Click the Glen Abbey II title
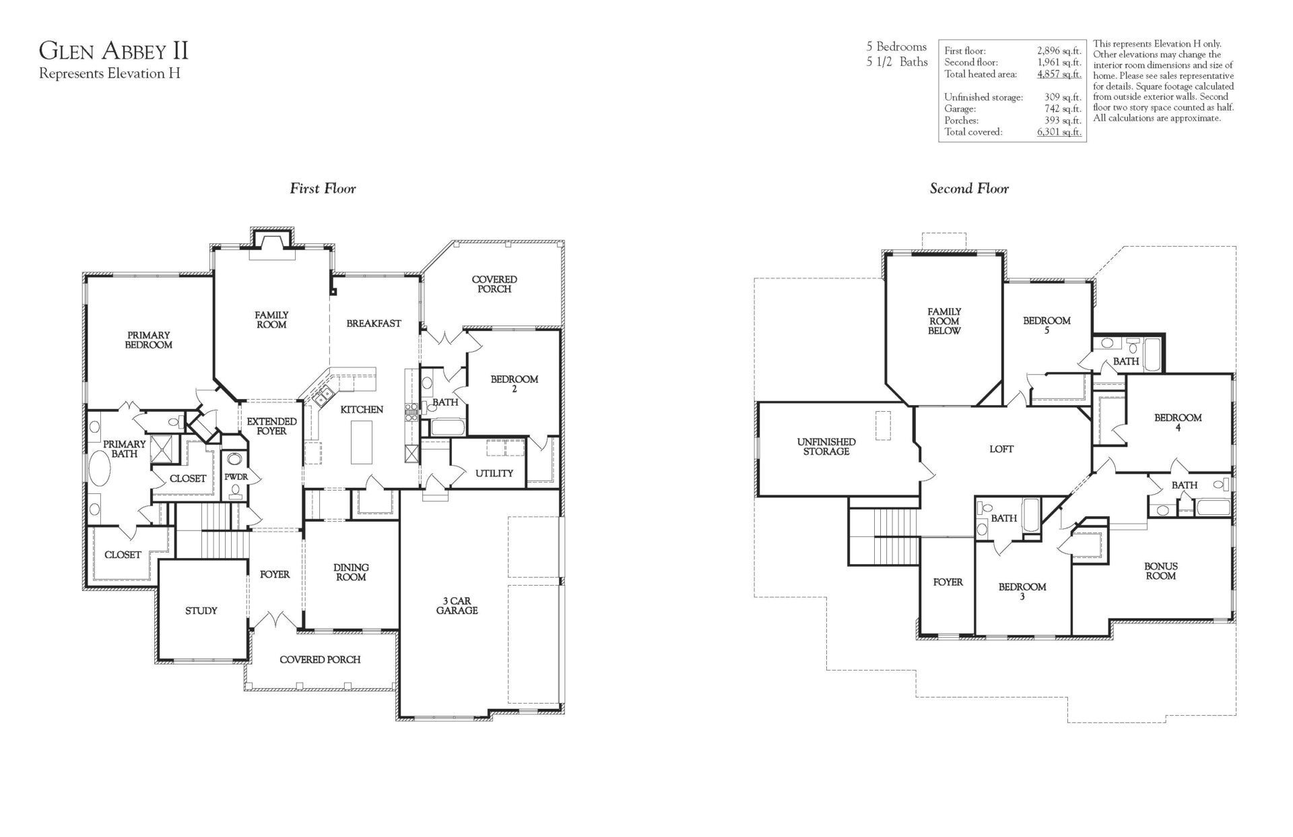pyautogui.click(x=114, y=51)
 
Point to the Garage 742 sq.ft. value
pyautogui.click(x=1062, y=108)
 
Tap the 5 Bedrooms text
pyautogui.click(x=896, y=47)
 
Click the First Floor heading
pyautogui.click(x=323, y=189)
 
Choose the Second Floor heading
pyautogui.click(x=969, y=189)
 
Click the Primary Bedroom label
pyautogui.click(x=148, y=340)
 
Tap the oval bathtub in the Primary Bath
pyautogui.click(x=100, y=469)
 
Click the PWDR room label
pyautogui.click(x=236, y=476)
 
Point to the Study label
pyautogui.click(x=201, y=611)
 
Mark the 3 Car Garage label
pyautogui.click(x=457, y=605)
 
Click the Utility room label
pyautogui.click(x=494, y=473)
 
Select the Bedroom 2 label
pyautogui.click(x=514, y=383)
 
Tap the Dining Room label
pyautogui.click(x=351, y=572)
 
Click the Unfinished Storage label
pyautogui.click(x=826, y=446)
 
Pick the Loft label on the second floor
pyautogui.click(x=1001, y=449)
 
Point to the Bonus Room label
pyautogui.click(x=1160, y=571)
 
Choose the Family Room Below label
pyautogui.click(x=944, y=321)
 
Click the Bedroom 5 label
pyautogui.click(x=1047, y=325)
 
